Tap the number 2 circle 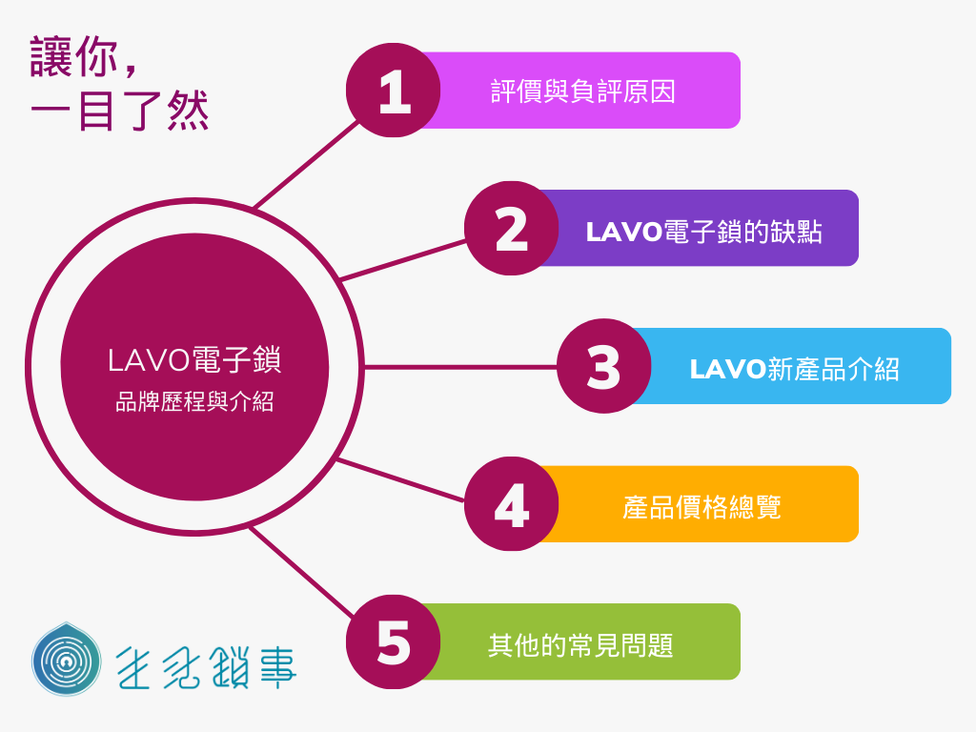pyautogui.click(x=512, y=229)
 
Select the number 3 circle pyautogui.click(x=603, y=367)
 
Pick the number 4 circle pyautogui.click(x=512, y=504)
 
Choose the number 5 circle pyautogui.click(x=393, y=642)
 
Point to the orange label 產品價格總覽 pyautogui.click(x=703, y=505)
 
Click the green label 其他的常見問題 pyautogui.click(x=581, y=643)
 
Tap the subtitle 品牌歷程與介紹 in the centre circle pyautogui.click(x=195, y=403)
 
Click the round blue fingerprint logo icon pyautogui.click(x=66, y=660)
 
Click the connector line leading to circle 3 pyautogui.click(x=457, y=367)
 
